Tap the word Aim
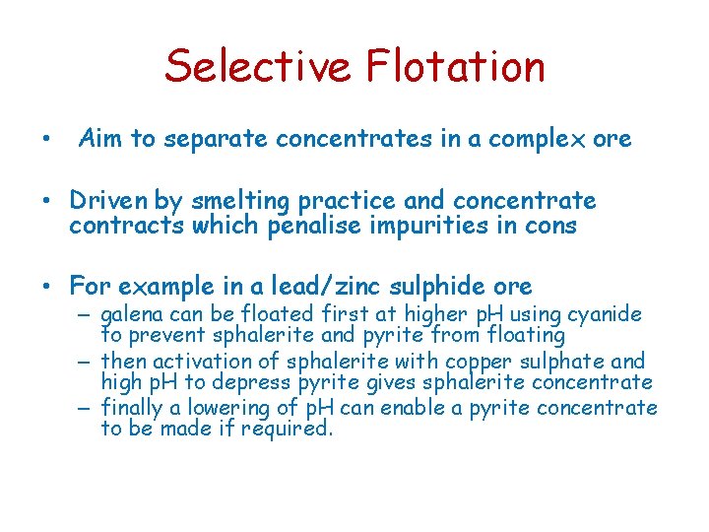pyautogui.click(x=101, y=139)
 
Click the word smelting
pyautogui.click(x=235, y=202)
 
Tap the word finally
pyautogui.click(x=135, y=407)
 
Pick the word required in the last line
pyautogui.click(x=292, y=429)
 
